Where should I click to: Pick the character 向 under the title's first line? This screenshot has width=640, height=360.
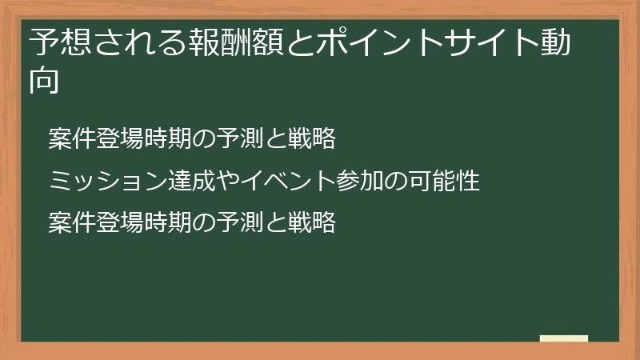(x=45, y=81)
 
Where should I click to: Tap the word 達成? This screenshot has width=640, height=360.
(x=184, y=181)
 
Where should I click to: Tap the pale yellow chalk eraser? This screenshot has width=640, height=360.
(x=564, y=338)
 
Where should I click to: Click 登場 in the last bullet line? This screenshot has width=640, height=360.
(x=110, y=222)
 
